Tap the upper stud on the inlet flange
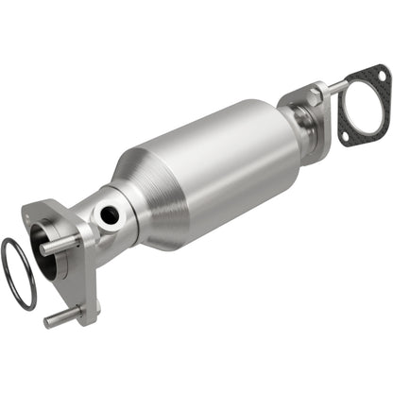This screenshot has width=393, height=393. click(58, 244)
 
